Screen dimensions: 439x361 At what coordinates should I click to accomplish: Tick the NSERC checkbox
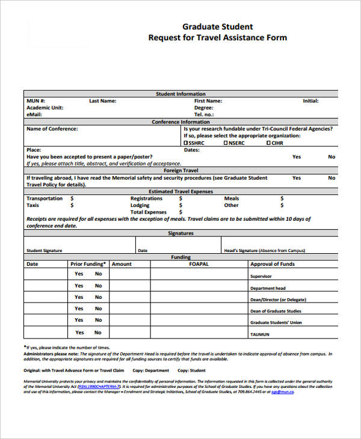point(226,143)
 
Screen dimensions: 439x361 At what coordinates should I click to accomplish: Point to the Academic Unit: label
point(45,108)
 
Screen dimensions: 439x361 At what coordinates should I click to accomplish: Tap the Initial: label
point(310,101)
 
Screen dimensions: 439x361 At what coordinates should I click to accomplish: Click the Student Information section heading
point(180,94)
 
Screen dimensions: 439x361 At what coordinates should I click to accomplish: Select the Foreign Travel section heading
point(180,170)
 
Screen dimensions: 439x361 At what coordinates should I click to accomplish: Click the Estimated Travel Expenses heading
point(180,191)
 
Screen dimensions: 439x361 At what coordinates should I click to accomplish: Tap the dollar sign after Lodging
point(180,206)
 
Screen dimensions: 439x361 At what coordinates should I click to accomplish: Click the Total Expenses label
point(149,212)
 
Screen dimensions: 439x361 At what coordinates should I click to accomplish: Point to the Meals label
point(232,198)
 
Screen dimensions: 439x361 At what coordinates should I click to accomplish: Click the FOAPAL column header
point(199,264)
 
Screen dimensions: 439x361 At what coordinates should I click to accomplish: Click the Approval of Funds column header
point(273,264)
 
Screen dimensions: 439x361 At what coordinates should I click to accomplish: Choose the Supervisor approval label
point(261,277)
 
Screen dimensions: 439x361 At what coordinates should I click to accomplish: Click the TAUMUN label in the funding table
point(260,334)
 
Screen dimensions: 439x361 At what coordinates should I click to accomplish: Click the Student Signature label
point(44,251)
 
